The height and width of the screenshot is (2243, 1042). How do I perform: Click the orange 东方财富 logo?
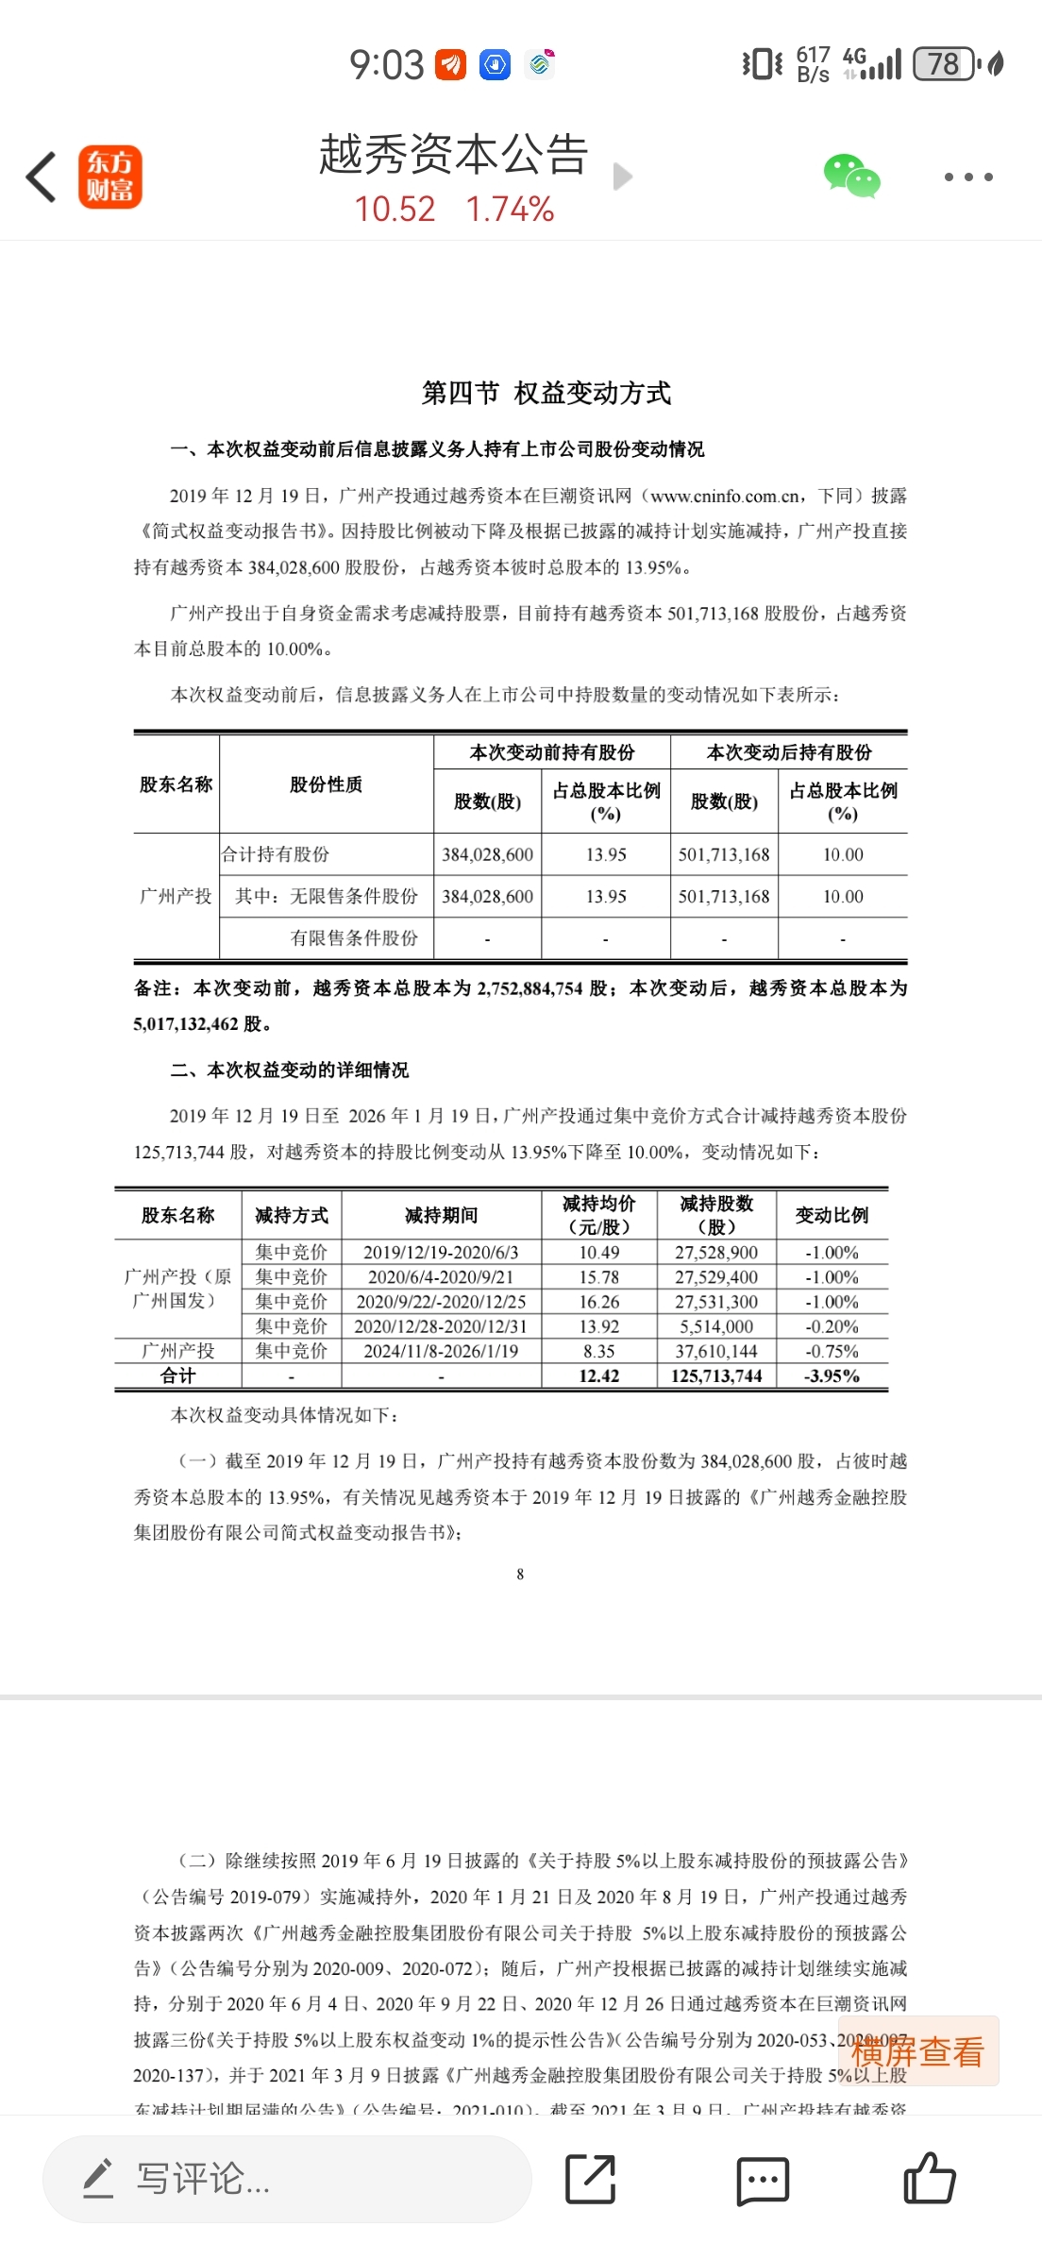109,177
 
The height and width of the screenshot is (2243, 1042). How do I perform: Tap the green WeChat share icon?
851,177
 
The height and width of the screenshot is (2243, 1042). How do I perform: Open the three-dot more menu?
968,177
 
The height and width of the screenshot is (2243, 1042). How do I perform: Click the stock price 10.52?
395,210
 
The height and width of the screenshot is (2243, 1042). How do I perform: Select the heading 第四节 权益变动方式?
546,393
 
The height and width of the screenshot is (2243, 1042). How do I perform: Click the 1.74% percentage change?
510,210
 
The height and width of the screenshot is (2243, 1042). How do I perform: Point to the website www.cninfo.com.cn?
727,496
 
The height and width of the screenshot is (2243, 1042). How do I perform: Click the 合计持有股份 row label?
276,854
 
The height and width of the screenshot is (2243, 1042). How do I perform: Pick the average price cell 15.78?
599,1277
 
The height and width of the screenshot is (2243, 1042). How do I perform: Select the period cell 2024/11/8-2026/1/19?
441,1351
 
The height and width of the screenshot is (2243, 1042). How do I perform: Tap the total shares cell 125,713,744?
716,1375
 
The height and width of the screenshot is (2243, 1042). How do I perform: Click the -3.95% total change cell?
832,1375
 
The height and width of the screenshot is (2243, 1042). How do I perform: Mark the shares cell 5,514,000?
716,1326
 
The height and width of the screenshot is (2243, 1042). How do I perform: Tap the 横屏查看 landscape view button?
917,2051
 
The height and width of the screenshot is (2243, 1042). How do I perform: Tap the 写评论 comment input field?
287,2179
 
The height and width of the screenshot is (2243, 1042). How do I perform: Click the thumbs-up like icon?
930,2179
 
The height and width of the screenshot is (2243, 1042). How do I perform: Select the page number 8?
520,1574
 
